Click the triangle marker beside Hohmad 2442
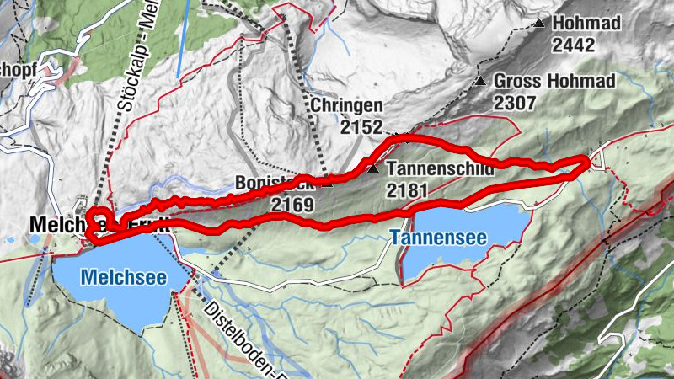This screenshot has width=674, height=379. point(539,24)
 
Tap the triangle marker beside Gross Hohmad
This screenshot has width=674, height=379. point(479,82)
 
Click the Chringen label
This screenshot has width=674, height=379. point(346,107)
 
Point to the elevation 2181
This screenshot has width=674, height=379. point(407,190)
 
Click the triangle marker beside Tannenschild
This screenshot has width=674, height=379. point(372,169)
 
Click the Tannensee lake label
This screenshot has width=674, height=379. point(438,238)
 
